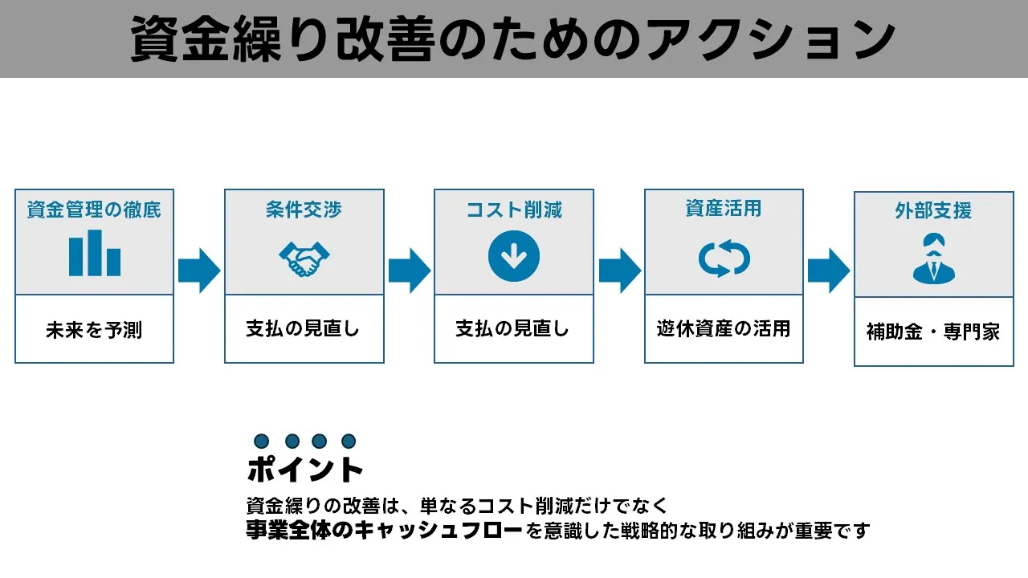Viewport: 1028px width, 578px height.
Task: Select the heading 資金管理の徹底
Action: [x=94, y=210]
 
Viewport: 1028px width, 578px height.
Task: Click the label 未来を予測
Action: [x=94, y=330]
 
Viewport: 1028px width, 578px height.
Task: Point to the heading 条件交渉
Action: [x=304, y=210]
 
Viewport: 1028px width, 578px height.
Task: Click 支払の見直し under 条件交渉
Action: [x=304, y=329]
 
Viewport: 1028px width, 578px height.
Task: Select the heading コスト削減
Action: [x=514, y=210]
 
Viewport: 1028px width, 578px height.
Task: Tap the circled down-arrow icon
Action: [x=514, y=256]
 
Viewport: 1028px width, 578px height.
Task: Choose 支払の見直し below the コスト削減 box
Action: [x=514, y=329]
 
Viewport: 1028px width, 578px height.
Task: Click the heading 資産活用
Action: [x=724, y=210]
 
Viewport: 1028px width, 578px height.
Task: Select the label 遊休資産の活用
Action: [x=724, y=328]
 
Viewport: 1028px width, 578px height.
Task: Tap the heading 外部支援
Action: [x=933, y=211]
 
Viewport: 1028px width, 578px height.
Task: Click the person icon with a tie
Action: [x=933, y=258]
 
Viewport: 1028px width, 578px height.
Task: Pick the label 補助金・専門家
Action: [x=933, y=332]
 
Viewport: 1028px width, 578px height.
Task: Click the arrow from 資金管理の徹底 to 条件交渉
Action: [x=198, y=271]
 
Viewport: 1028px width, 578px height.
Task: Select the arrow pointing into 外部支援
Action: [x=828, y=271]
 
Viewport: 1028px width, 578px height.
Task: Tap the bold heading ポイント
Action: [x=305, y=470]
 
